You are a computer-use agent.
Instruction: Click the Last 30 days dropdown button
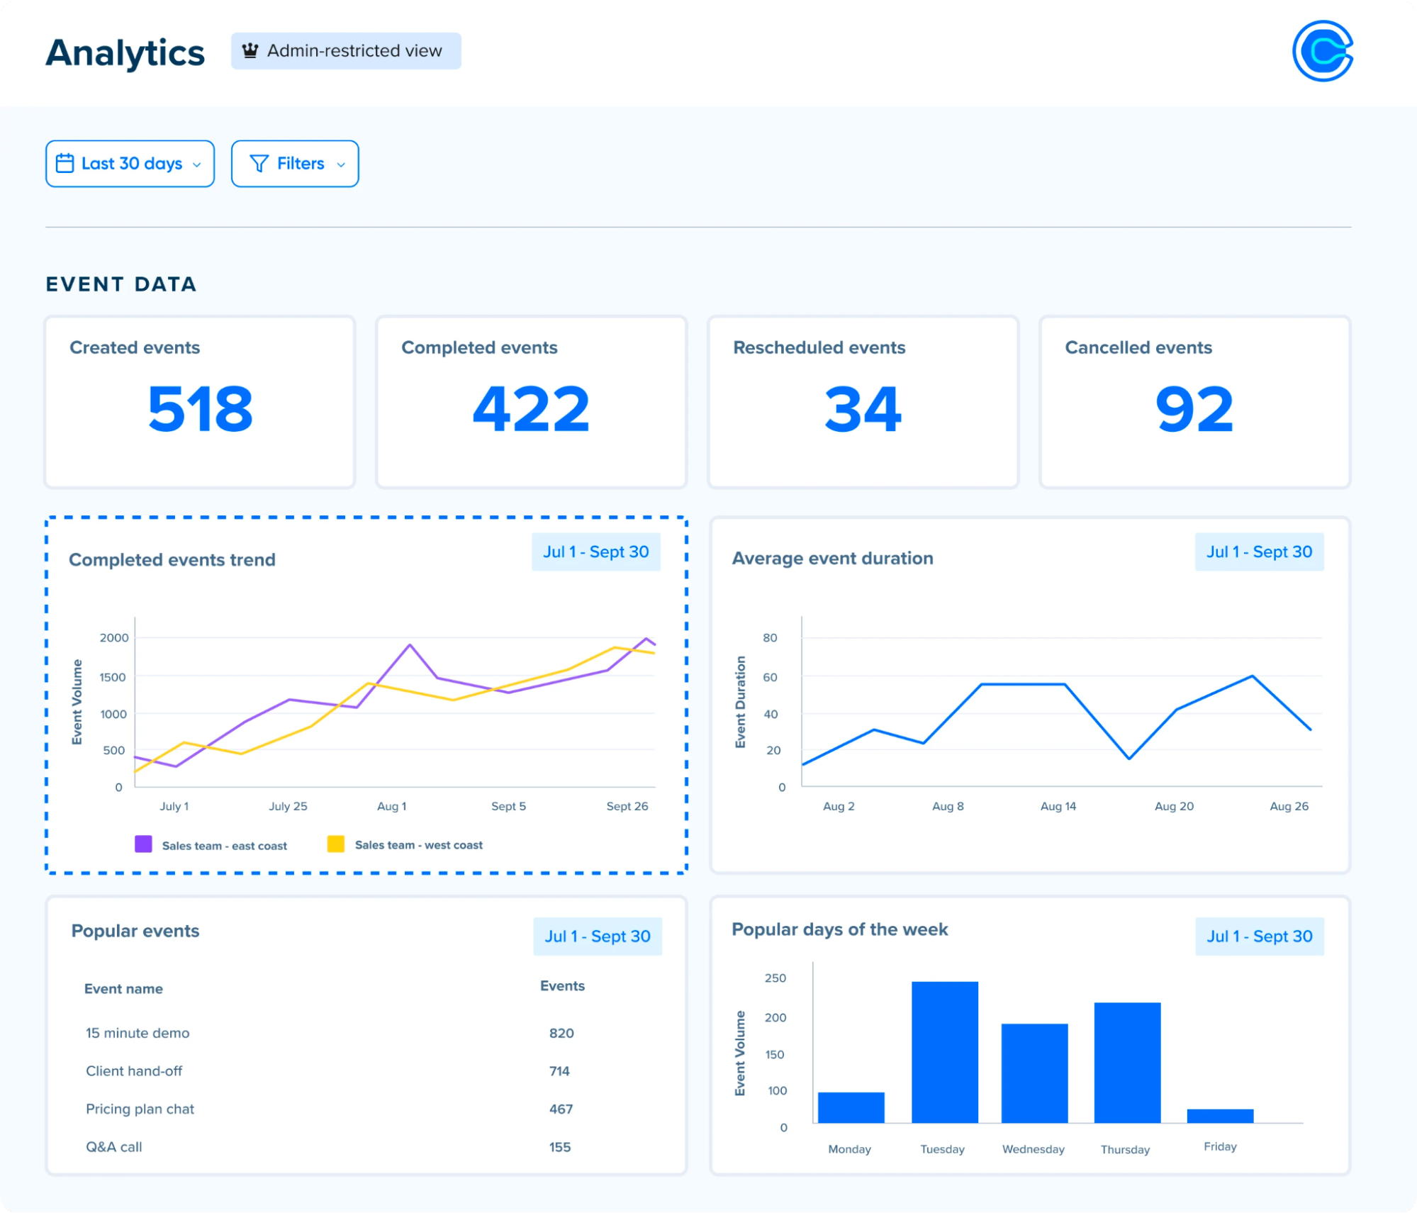pyautogui.click(x=130, y=164)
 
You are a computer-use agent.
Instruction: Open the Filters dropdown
pyautogui.click(x=295, y=164)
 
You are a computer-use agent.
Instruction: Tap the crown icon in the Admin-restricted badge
pyautogui.click(x=250, y=51)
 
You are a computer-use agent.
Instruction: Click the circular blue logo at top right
pyautogui.click(x=1323, y=51)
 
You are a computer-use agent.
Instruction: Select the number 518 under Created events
pyautogui.click(x=200, y=409)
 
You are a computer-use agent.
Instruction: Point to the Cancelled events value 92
pyautogui.click(x=1194, y=409)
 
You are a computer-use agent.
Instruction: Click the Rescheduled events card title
pyautogui.click(x=819, y=347)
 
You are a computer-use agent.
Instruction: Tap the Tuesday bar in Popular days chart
pyautogui.click(x=944, y=1052)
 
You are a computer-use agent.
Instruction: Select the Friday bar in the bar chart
pyautogui.click(x=1220, y=1116)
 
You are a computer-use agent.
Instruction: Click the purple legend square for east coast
pyautogui.click(x=144, y=844)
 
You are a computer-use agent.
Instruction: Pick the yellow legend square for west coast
pyautogui.click(x=336, y=844)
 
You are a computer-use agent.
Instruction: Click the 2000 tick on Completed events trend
pyautogui.click(x=114, y=637)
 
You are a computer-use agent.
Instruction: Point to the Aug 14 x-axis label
pyautogui.click(x=1058, y=806)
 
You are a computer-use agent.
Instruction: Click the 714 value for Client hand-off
pyautogui.click(x=559, y=1071)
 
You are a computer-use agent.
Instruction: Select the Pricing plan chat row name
pyautogui.click(x=140, y=1109)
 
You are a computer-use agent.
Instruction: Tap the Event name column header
pyautogui.click(x=123, y=989)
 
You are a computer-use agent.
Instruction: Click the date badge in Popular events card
pyautogui.click(x=597, y=937)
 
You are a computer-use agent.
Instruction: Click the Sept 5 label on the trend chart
pyautogui.click(x=508, y=806)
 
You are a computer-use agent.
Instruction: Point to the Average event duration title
pyautogui.click(x=832, y=559)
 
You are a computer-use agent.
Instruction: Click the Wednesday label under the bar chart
pyautogui.click(x=1033, y=1149)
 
